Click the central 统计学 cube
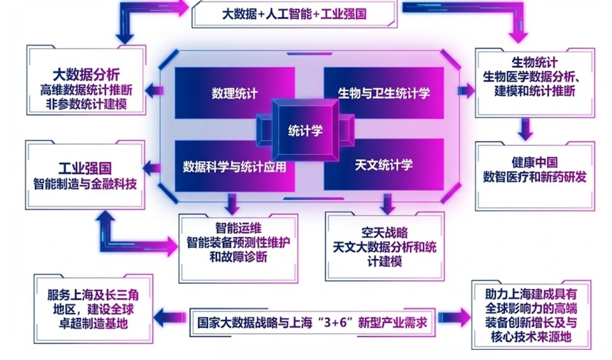point(305,130)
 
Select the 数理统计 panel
point(234,93)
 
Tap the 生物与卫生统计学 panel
point(383,93)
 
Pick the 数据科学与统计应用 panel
point(234,167)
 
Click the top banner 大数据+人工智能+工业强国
point(294,14)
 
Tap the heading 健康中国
point(535,162)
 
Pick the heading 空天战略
point(384,232)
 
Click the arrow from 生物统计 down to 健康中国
point(524,128)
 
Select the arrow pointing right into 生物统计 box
point(466,91)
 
